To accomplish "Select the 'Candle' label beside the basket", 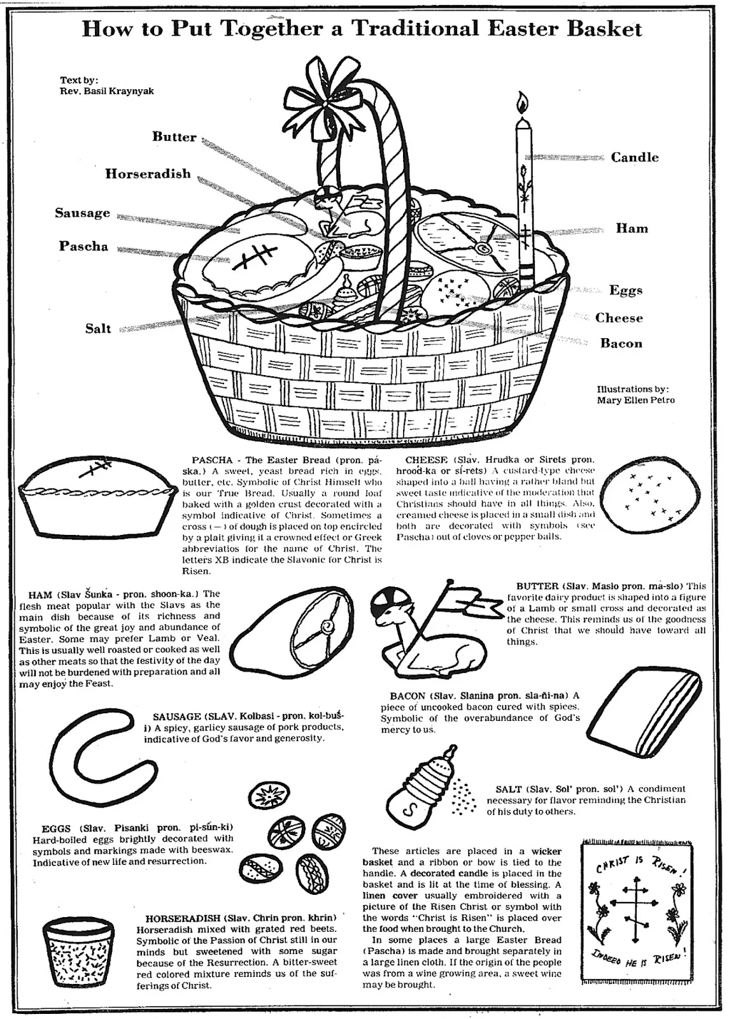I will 635,157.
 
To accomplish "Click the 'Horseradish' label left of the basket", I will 148,173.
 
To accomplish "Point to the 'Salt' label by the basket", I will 98,329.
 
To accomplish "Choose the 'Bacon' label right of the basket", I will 621,344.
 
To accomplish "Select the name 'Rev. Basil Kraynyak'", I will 107,90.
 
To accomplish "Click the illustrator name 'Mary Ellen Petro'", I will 635,400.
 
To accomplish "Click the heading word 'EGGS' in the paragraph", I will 56,829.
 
